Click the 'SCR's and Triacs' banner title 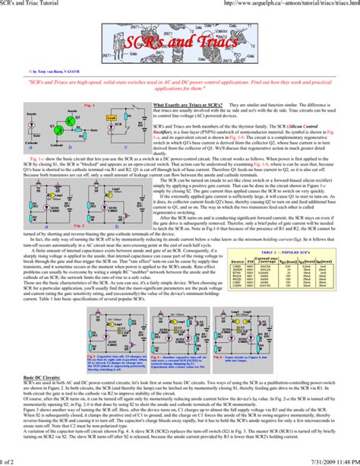pos(181,43)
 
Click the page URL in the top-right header pos(292,5)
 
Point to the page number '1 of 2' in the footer pos(10,461)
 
